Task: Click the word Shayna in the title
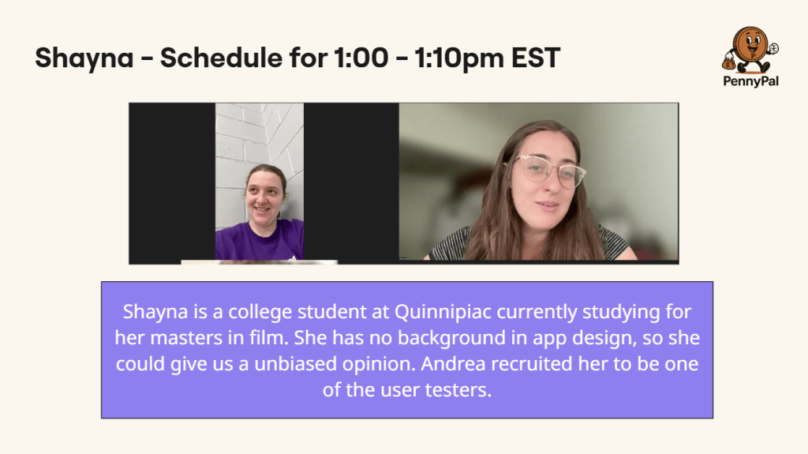point(84,58)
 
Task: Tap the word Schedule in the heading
point(221,58)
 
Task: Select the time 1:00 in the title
point(361,58)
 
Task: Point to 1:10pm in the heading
point(459,58)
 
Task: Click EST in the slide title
point(536,58)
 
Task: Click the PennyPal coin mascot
point(750,50)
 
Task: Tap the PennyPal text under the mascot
point(751,81)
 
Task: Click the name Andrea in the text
point(453,364)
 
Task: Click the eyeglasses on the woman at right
point(548,169)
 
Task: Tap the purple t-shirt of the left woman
point(259,240)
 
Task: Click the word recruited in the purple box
point(531,364)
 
